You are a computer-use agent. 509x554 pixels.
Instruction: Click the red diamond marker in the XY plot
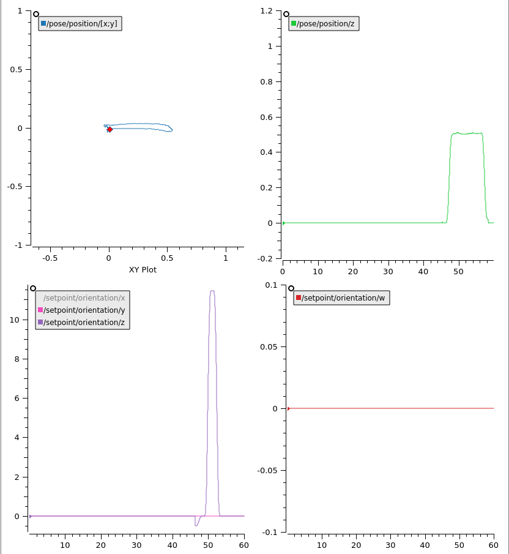coord(110,129)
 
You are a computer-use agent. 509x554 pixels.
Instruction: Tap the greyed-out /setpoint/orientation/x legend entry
coord(84,298)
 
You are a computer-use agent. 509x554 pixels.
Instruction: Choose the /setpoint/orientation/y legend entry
coord(84,310)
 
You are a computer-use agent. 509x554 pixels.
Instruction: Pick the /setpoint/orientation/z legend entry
coord(84,322)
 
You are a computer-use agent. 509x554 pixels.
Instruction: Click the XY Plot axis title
coord(143,269)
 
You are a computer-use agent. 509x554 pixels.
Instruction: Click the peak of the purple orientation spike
coord(212,291)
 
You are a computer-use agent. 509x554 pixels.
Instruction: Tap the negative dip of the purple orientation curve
coord(196,525)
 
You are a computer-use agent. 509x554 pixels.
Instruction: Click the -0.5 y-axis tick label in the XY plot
coord(15,187)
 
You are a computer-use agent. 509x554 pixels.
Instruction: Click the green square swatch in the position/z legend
coord(294,24)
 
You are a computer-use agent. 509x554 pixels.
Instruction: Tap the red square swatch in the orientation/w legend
coord(299,298)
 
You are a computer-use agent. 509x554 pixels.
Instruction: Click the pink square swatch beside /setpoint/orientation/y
coord(40,310)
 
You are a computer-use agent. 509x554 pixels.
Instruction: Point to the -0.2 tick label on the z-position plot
coord(266,258)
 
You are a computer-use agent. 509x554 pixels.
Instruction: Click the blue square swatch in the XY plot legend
coord(43,24)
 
